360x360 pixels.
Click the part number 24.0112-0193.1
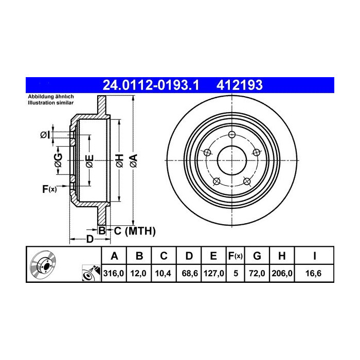(x=151, y=85)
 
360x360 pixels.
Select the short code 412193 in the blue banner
(x=240, y=85)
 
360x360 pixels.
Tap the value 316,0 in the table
(x=114, y=273)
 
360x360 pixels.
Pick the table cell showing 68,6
(x=190, y=273)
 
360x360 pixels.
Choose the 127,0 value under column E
(x=214, y=273)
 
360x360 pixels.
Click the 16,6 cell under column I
(x=313, y=273)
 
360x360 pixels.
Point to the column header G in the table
(x=257, y=256)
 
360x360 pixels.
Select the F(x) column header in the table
(x=236, y=256)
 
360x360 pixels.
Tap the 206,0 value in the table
(x=282, y=273)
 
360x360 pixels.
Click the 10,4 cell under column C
(x=163, y=273)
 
